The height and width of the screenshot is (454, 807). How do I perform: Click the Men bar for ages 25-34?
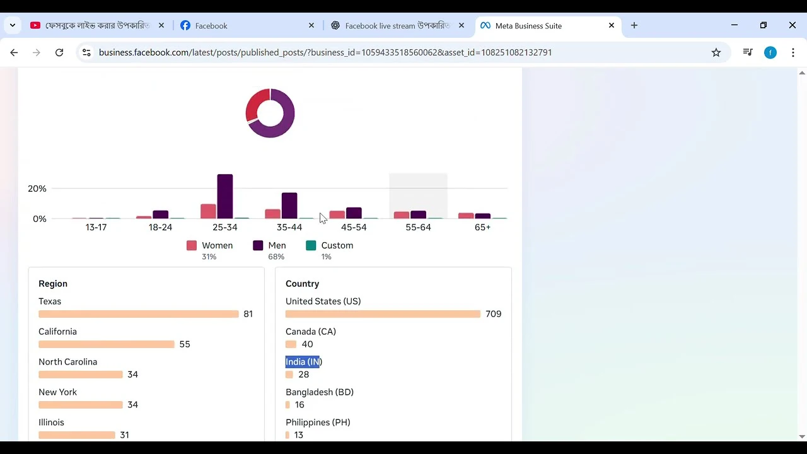pyautogui.click(x=225, y=196)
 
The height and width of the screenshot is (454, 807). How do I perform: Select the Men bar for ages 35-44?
pyautogui.click(x=289, y=206)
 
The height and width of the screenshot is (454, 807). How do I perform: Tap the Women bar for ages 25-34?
pyautogui.click(x=208, y=211)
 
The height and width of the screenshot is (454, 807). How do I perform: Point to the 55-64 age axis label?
pyautogui.click(x=418, y=227)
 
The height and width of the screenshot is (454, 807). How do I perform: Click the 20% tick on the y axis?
pyautogui.click(x=37, y=189)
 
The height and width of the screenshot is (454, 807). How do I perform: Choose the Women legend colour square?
pyautogui.click(x=192, y=245)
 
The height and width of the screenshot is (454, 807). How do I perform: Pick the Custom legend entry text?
pyautogui.click(x=337, y=245)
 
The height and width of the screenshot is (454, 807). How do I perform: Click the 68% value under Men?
pyautogui.click(x=276, y=257)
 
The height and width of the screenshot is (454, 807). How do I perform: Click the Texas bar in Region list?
pyautogui.click(x=139, y=314)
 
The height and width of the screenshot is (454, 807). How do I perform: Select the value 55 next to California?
pyautogui.click(x=185, y=344)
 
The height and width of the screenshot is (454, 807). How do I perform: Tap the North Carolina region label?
pyautogui.click(x=67, y=362)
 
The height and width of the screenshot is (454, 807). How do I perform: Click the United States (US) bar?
pyautogui.click(x=383, y=314)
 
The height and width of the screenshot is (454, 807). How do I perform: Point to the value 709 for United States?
pyautogui.click(x=494, y=314)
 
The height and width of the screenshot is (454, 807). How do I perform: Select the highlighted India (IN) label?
pyautogui.click(x=303, y=362)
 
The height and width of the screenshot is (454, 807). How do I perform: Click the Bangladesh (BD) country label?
pyautogui.click(x=320, y=392)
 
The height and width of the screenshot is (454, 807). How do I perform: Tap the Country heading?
pyautogui.click(x=303, y=284)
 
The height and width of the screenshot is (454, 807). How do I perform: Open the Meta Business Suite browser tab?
pyautogui.click(x=528, y=26)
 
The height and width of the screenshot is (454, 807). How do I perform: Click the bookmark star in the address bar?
pyautogui.click(x=716, y=52)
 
